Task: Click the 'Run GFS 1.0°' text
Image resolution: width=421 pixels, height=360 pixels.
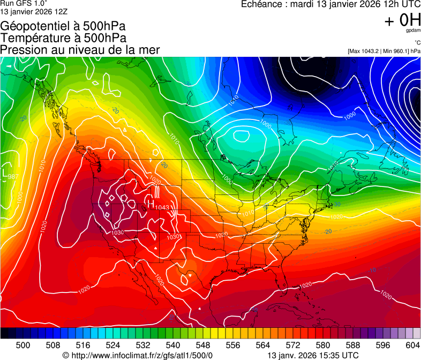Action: click(20, 3)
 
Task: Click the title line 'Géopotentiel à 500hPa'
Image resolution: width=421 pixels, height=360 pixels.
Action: click(63, 26)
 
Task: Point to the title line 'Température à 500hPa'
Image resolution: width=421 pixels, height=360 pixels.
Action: click(63, 38)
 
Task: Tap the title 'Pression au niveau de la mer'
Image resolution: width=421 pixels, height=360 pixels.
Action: click(80, 50)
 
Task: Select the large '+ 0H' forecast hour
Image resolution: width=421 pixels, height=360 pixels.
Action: click(402, 20)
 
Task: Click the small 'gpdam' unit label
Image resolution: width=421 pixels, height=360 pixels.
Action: click(413, 31)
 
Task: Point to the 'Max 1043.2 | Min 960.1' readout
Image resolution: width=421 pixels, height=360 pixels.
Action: click(384, 51)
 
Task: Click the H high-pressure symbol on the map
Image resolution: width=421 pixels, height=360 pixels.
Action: click(151, 204)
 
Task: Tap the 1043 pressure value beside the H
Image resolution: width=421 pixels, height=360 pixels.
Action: click(162, 207)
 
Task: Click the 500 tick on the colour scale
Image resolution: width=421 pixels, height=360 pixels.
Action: click(24, 344)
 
